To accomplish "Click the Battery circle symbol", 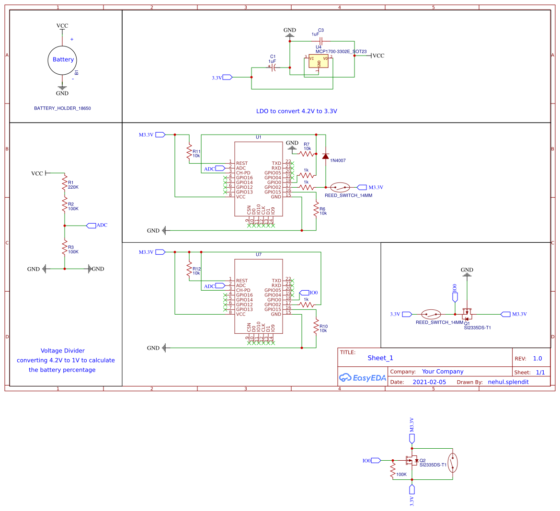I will pos(62,60).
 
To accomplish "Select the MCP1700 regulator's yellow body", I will pos(319,61).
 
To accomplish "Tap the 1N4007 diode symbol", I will pos(326,156).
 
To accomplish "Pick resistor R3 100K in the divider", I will pos(64,248).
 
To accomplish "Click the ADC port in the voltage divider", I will pos(91,226).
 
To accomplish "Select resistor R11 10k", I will pos(189,152).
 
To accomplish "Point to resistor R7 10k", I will pos(307,154).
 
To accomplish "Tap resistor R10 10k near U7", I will pos(316,327).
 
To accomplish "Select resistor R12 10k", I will pos(189,270).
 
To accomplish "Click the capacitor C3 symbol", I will pos(321,41).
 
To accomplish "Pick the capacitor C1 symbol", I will pos(273,68).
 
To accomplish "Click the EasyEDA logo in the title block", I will pos(362,378).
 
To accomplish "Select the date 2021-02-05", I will pos(429,382).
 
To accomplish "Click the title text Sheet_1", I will pos(380,358).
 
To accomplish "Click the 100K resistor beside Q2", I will pos(393,470).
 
